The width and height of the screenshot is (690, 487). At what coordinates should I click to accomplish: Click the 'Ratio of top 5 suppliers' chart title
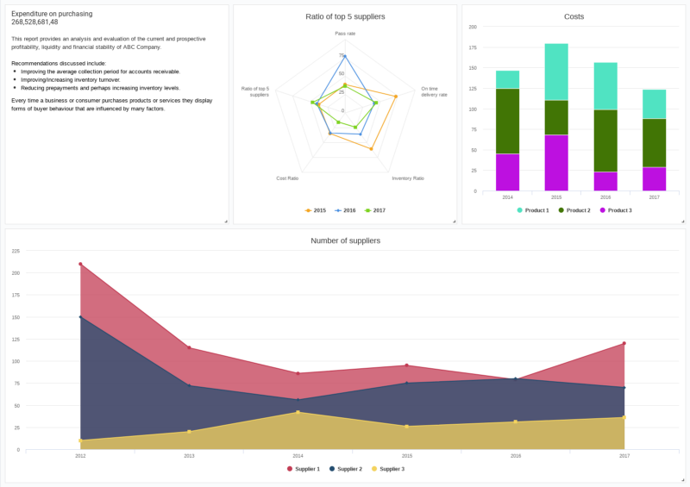(345, 16)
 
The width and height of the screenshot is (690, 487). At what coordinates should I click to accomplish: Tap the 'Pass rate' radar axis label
(345, 34)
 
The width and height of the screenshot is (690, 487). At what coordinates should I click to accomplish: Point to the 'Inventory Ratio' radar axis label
(408, 178)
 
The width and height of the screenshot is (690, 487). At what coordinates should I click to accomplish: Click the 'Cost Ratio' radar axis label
(287, 178)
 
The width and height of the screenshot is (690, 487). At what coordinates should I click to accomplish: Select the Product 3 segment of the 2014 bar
(507, 172)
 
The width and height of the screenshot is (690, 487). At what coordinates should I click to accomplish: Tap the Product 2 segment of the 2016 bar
(605, 140)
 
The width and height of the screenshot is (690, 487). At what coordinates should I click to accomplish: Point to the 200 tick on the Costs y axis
(473, 27)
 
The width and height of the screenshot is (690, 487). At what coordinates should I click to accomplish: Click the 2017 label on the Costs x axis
(654, 197)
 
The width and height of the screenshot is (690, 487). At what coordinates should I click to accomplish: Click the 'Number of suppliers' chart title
(345, 240)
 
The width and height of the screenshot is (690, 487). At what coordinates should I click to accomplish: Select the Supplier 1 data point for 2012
(80, 264)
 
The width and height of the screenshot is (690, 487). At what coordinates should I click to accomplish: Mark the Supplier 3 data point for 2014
(298, 412)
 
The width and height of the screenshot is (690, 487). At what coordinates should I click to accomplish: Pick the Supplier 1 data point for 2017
(624, 344)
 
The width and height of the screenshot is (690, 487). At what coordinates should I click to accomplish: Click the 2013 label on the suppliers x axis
(189, 455)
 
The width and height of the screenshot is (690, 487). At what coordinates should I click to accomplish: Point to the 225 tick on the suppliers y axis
(16, 251)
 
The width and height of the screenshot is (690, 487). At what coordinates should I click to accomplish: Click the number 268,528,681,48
(34, 22)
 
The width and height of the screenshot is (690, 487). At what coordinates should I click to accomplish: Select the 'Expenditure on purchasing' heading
(52, 14)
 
